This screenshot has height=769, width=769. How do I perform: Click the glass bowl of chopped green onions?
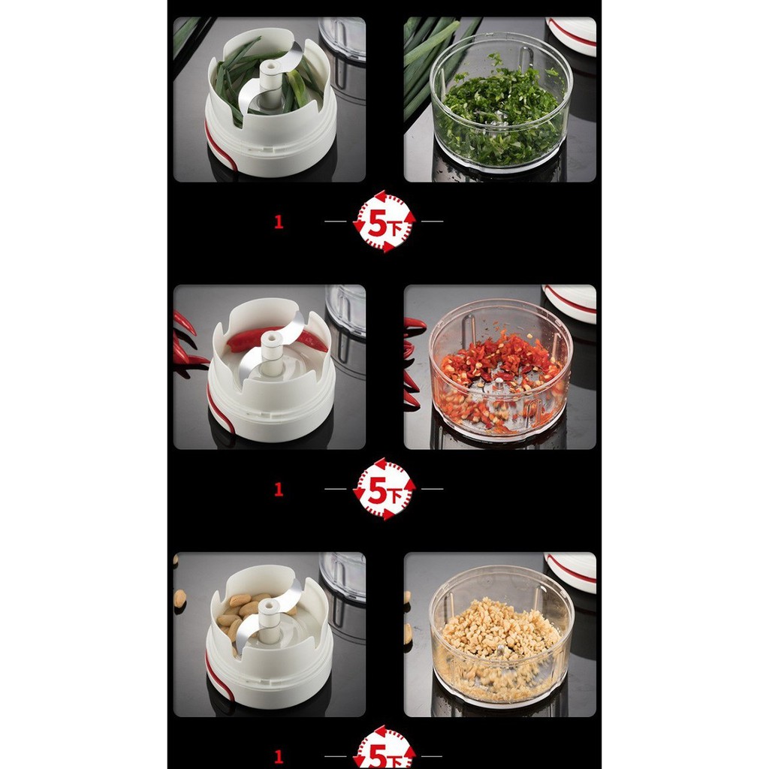pyautogui.click(x=501, y=102)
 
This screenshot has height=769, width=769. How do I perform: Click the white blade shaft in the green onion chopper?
pyautogui.click(x=270, y=84)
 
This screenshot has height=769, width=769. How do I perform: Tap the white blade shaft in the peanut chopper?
pyautogui.click(x=268, y=620)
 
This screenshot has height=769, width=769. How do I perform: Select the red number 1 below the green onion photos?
pyautogui.click(x=279, y=222)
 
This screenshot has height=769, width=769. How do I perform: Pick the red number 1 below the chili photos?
pyautogui.click(x=279, y=489)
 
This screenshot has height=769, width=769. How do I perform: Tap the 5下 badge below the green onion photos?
pyautogui.click(x=384, y=222)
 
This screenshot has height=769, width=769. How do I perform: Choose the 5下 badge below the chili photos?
pyautogui.click(x=384, y=489)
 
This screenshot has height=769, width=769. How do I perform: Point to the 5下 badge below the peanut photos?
pyautogui.click(x=384, y=747)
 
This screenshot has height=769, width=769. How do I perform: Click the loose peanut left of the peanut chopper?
pyautogui.click(x=180, y=598)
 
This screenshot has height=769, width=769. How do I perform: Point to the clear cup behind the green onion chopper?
pyautogui.click(x=342, y=38)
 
